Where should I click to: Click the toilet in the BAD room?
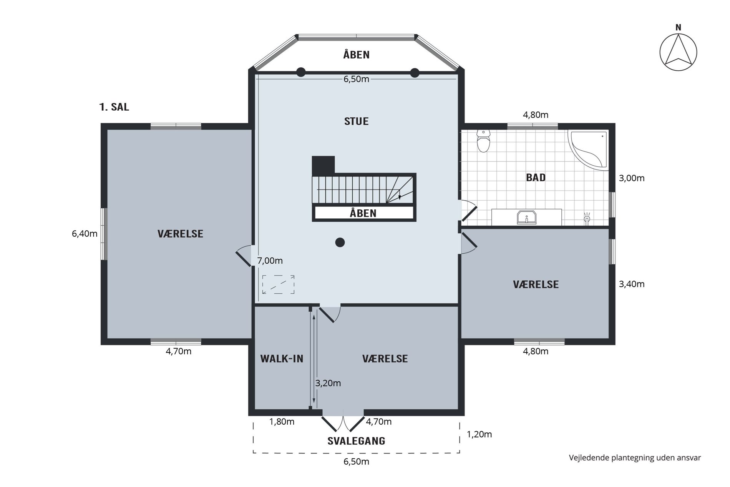[x=483, y=141]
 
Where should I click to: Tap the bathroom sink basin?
[x=526, y=217]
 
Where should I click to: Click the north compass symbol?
[x=678, y=52]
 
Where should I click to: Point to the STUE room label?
[x=356, y=121]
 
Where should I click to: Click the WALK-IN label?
[x=282, y=359]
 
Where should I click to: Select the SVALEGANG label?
[x=356, y=441]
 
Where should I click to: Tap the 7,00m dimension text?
[x=270, y=261]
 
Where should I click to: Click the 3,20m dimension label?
[x=328, y=383]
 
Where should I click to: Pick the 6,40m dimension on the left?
[x=85, y=234]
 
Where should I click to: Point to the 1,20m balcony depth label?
[x=479, y=434]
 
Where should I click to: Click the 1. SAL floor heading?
[x=114, y=107]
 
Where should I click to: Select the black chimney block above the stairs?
[x=323, y=165]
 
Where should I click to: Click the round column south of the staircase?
[x=340, y=242]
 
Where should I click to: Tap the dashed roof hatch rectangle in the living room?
[x=279, y=284]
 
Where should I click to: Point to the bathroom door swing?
[x=469, y=211]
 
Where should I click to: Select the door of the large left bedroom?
[x=244, y=256]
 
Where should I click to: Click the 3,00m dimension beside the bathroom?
[x=632, y=178]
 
